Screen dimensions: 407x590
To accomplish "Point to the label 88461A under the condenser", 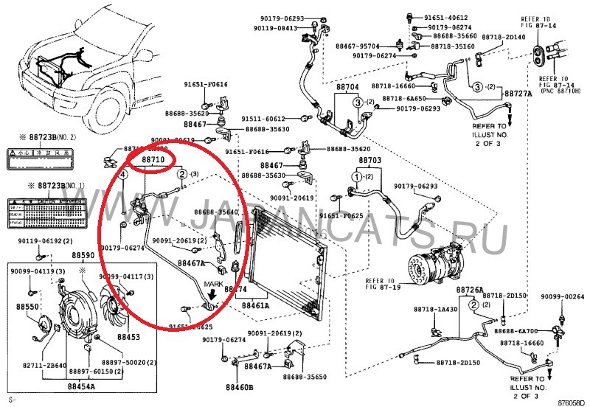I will [x=257, y=305].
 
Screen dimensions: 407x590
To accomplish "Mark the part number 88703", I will [x=369, y=161].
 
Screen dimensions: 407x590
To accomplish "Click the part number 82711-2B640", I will [x=44, y=364].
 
